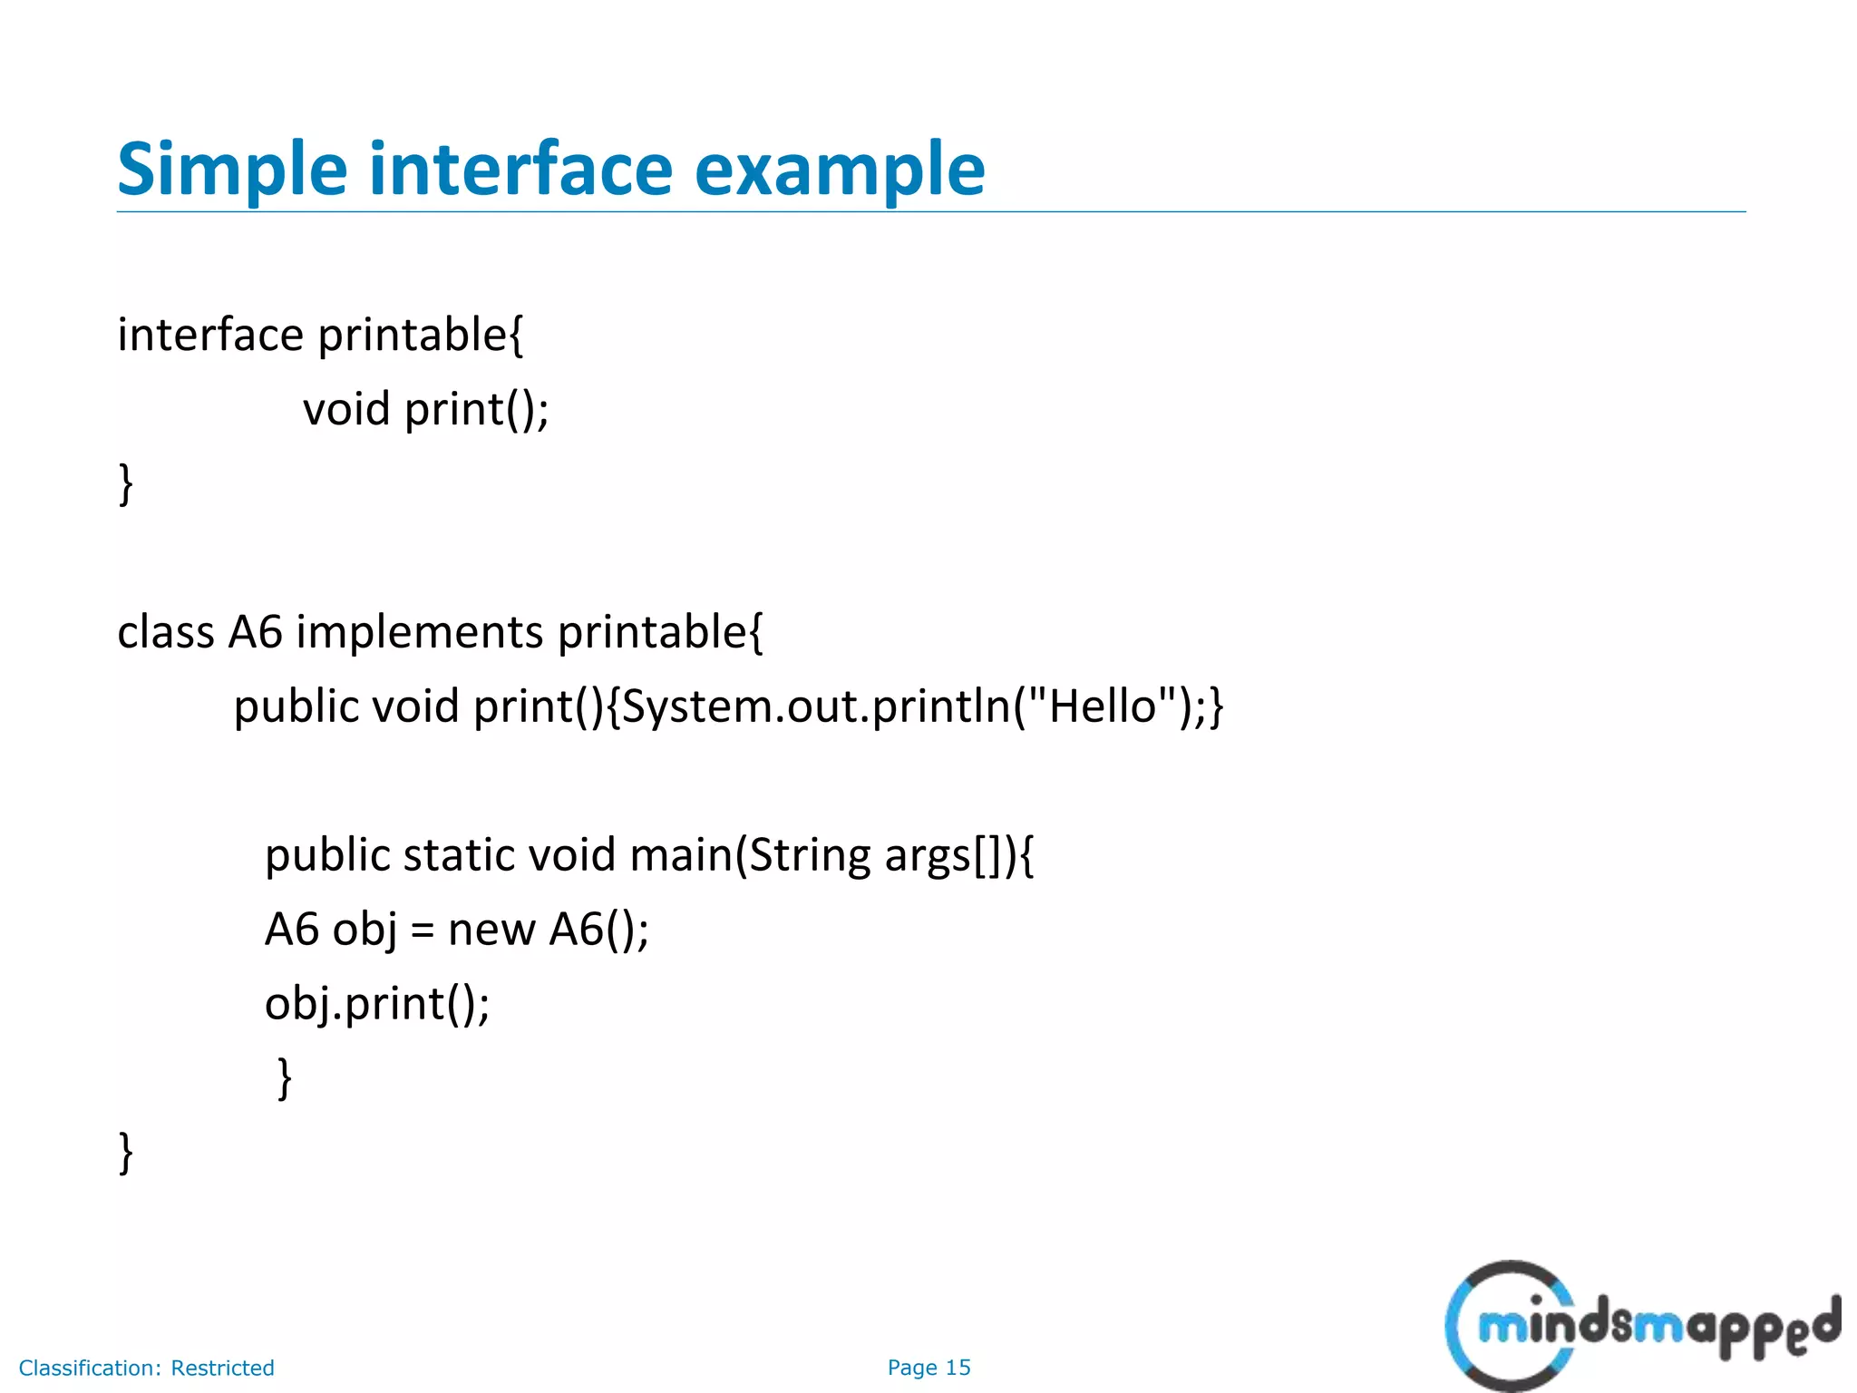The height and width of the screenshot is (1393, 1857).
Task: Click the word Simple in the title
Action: (232, 170)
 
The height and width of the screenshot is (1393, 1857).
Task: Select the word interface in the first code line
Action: (210, 335)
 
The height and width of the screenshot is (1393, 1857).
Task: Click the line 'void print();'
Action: (425, 409)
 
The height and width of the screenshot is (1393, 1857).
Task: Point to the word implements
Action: (419, 632)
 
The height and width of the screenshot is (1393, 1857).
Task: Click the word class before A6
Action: (166, 632)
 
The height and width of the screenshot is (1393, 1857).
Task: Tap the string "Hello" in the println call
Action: (1103, 706)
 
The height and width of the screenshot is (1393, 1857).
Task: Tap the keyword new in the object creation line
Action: (491, 930)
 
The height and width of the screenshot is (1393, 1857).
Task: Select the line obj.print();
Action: (376, 1004)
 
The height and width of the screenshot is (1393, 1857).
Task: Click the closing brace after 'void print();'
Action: (126, 483)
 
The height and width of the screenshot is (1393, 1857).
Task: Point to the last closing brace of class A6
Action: (126, 1153)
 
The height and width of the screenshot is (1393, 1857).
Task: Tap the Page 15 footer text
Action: (928, 1368)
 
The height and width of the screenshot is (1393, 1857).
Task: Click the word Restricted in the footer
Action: (222, 1368)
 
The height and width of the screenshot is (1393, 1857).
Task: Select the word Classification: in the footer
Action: (90, 1368)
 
